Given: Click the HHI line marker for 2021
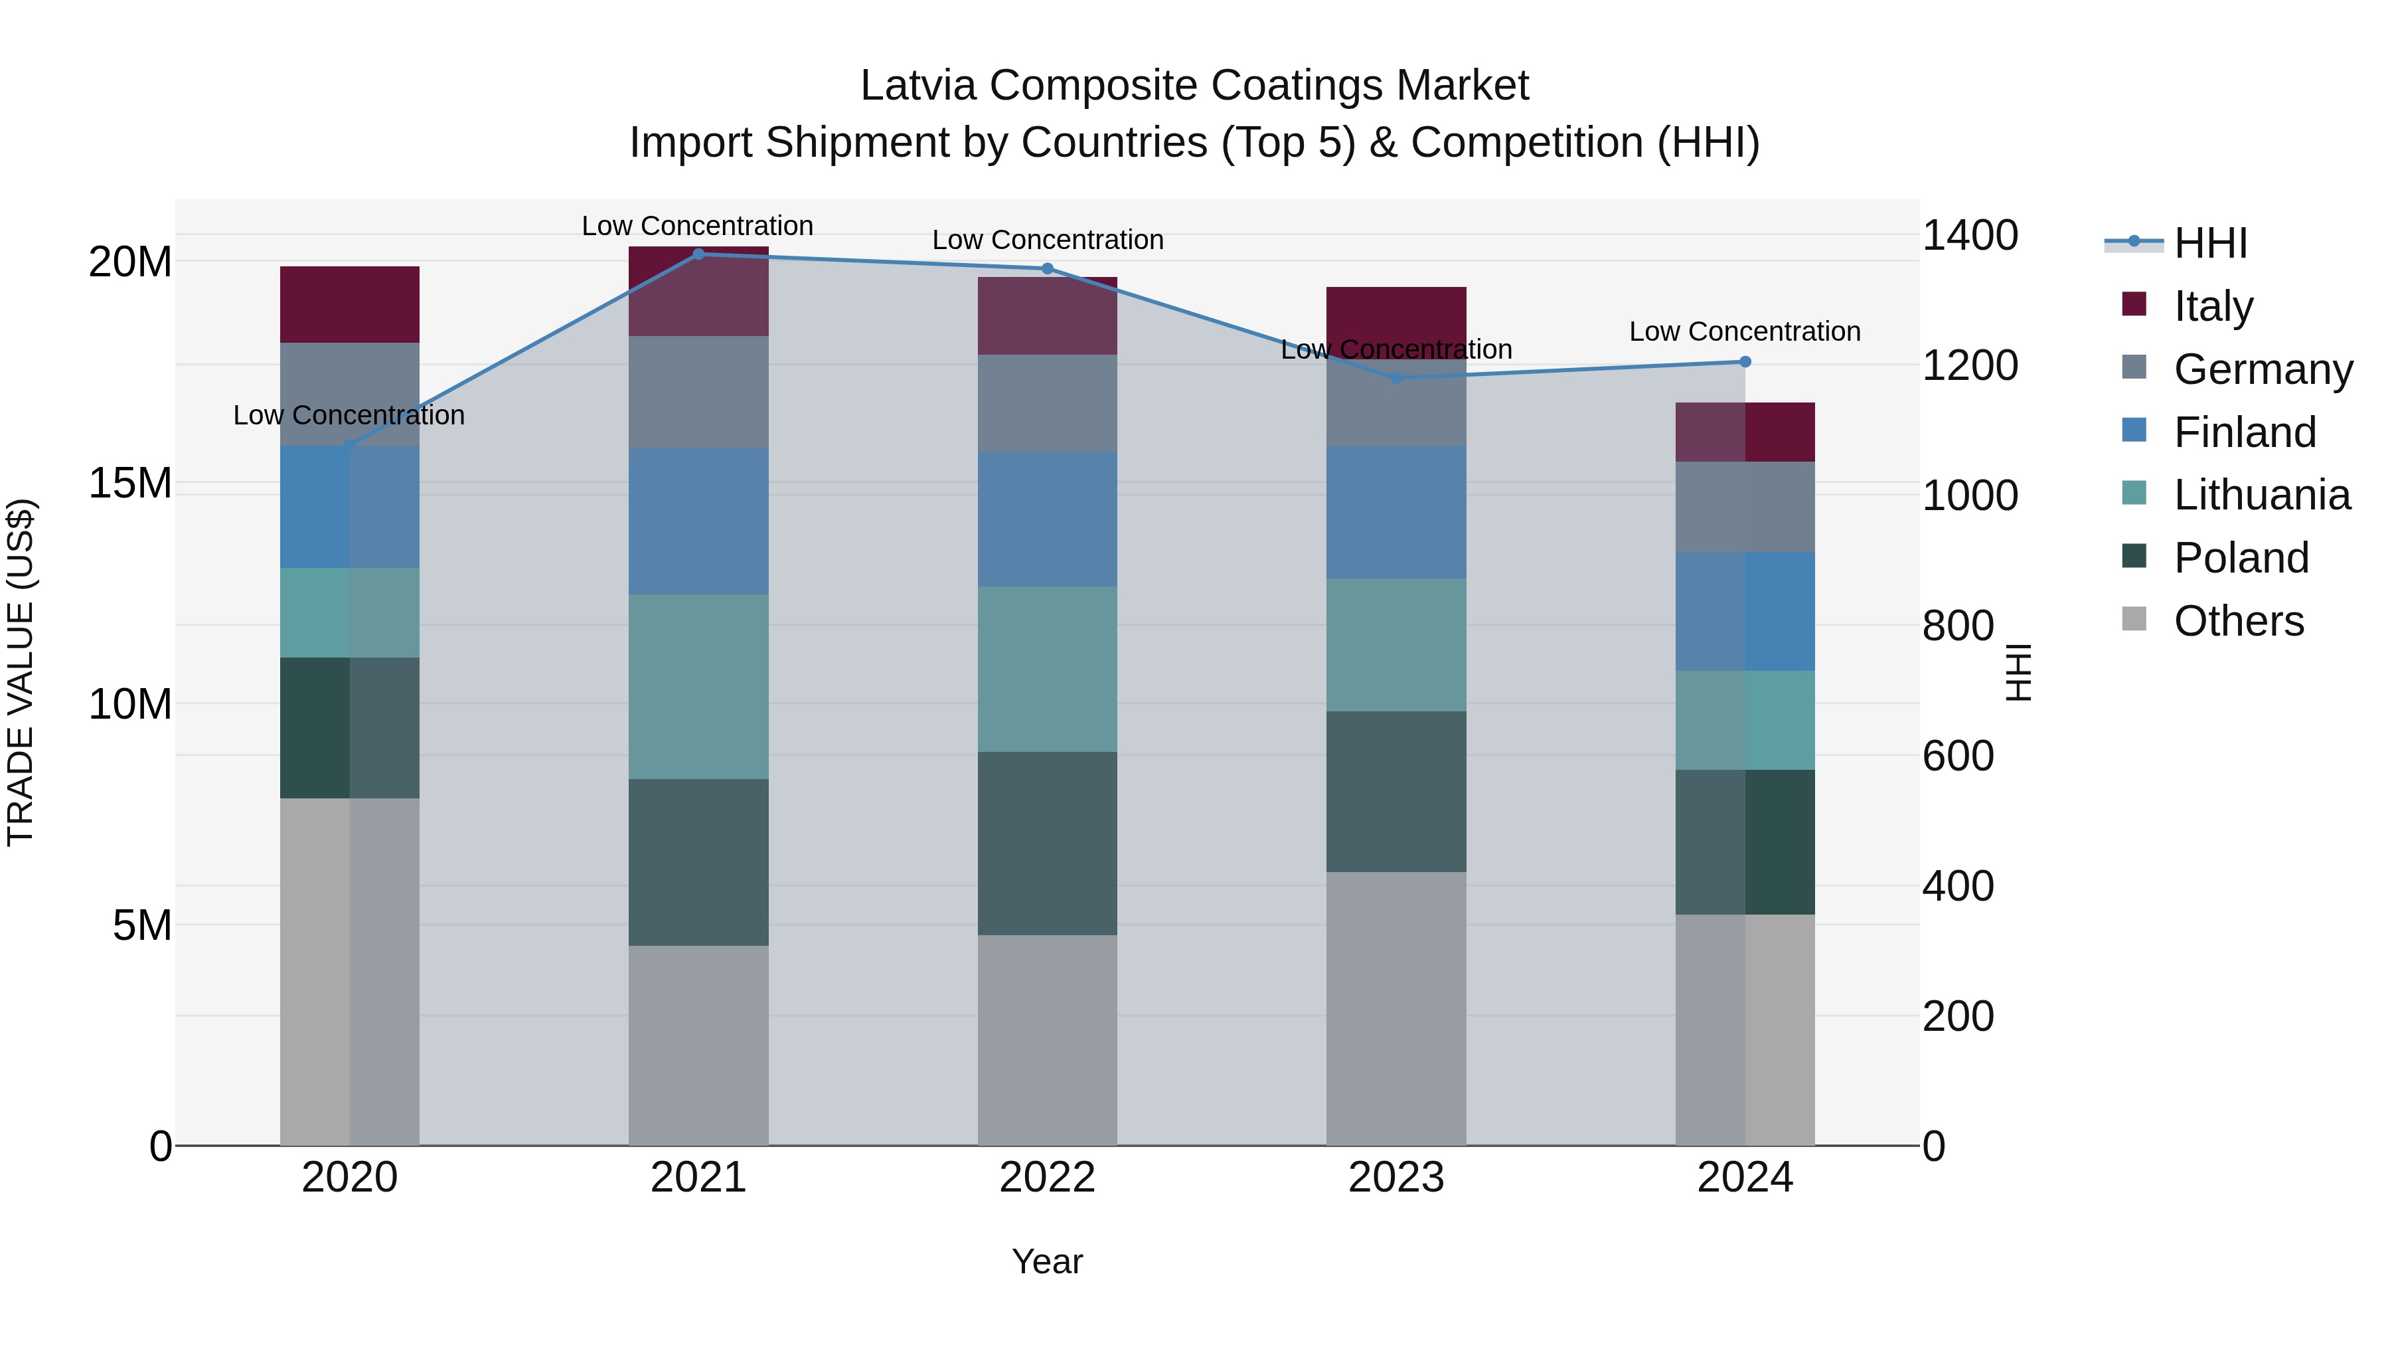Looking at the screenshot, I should point(698,254).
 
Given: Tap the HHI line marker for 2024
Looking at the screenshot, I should point(1745,362).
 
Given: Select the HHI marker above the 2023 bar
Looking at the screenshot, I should point(1396,378).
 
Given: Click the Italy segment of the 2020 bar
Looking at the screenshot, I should point(350,304).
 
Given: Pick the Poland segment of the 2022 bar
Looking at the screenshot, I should point(1048,843).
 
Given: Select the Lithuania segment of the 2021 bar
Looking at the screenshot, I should point(698,686).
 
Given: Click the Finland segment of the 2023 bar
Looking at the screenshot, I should point(1396,511).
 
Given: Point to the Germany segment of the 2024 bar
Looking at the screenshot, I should point(1745,507).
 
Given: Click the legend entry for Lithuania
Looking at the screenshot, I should point(2261,495).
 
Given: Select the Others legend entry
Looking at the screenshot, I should point(2238,620).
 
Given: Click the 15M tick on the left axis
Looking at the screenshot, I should point(130,483).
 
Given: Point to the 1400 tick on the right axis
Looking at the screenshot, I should point(1969,235).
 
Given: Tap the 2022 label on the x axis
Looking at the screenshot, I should point(1048,1177).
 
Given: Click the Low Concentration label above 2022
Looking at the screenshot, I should point(1048,240).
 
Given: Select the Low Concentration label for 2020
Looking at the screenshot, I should point(349,415).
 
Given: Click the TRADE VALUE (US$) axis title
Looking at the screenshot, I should point(21,672).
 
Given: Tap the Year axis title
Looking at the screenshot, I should point(1048,1261).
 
